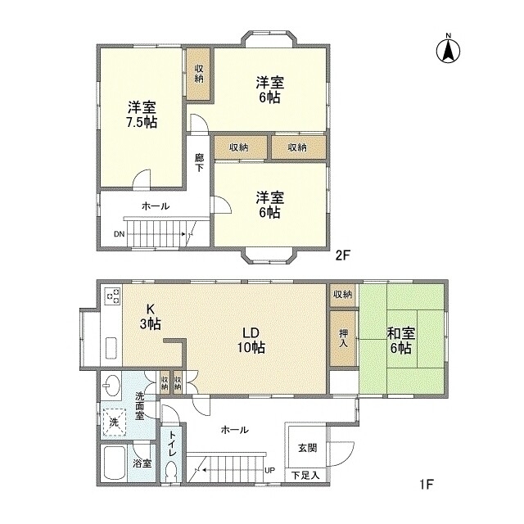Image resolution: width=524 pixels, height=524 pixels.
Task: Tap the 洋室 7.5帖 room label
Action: point(142,115)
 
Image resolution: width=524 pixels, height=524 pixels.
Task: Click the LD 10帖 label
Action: point(251,340)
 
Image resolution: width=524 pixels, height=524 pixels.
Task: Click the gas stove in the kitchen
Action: point(113,296)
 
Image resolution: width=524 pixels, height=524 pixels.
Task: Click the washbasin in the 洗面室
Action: point(111,385)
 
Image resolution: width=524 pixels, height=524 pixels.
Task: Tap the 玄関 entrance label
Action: point(307,448)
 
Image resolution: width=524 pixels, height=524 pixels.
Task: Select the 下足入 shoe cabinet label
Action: point(305,474)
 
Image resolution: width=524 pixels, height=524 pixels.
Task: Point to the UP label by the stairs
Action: point(269,471)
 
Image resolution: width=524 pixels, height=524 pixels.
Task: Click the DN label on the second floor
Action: point(119,233)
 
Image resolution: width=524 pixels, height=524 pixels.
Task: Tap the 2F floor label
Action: point(342,255)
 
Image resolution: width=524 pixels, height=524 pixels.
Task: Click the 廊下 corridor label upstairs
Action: point(199,162)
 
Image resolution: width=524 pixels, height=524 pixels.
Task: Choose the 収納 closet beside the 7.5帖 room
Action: point(199,74)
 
